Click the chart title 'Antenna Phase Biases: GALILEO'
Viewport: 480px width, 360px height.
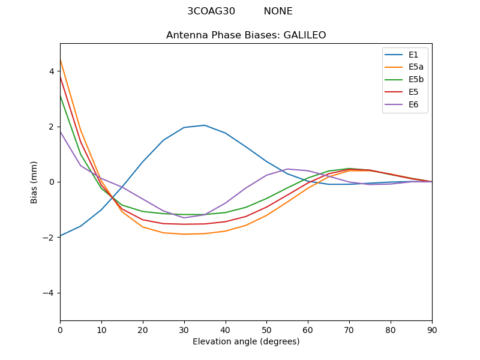point(246,35)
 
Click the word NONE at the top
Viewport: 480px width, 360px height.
point(278,11)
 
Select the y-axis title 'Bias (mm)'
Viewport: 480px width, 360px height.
point(34,182)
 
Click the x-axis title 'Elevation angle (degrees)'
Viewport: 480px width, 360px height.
point(246,342)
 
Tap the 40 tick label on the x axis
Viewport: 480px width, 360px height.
point(226,329)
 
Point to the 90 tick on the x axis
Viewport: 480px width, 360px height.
point(432,329)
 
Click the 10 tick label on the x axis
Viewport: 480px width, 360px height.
point(101,329)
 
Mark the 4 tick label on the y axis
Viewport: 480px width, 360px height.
point(52,71)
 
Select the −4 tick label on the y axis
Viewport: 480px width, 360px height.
point(49,293)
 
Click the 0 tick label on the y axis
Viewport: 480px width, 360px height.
point(52,182)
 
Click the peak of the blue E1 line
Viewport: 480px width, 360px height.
point(205,125)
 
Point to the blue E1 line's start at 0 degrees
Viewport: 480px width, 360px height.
point(61,236)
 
